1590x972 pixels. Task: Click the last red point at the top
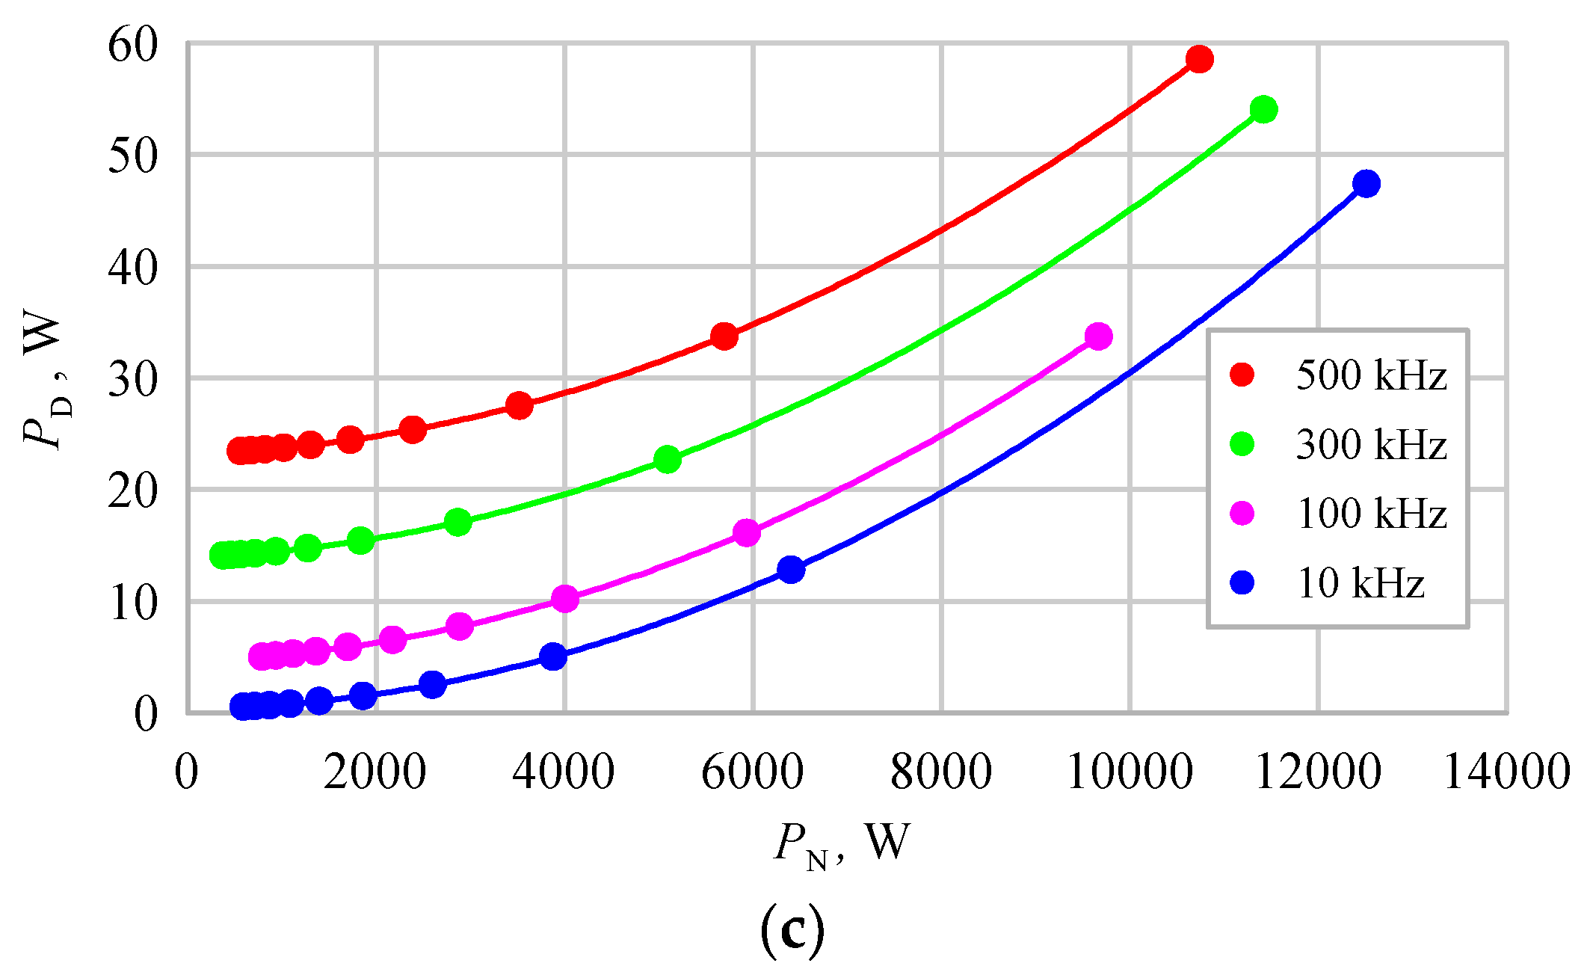1199,59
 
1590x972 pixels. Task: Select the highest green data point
1263,110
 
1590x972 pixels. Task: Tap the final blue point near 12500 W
1366,183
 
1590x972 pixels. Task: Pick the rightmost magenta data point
1098,336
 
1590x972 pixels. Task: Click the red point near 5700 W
724,336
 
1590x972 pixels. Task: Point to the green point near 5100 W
667,459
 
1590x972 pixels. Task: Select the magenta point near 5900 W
746,533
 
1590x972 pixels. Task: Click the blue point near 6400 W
790,570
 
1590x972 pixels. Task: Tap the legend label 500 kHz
1371,375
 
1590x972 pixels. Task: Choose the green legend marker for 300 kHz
1242,444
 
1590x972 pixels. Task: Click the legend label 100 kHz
1371,514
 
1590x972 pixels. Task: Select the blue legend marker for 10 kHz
1242,582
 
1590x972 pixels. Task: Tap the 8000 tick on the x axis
941,772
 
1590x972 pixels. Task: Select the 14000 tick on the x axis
1506,772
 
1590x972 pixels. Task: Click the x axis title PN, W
841,844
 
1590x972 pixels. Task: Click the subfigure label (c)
792,929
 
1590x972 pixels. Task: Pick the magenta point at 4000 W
564,599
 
